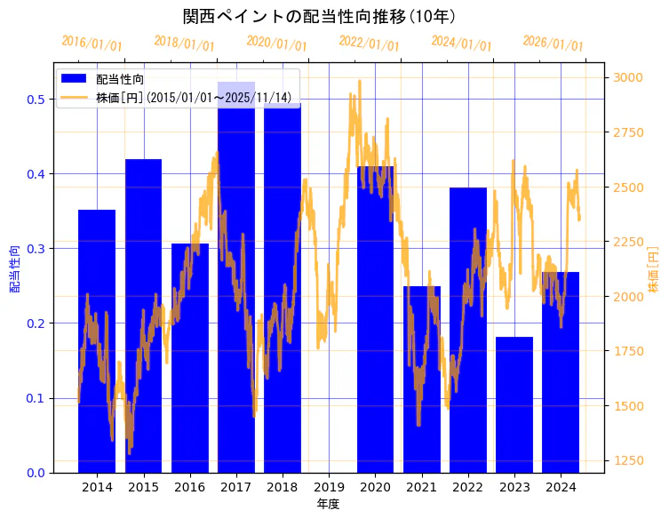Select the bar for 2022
click(467, 330)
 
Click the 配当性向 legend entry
click(120, 79)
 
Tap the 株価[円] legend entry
click(195, 97)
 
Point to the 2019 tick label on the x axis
click(329, 487)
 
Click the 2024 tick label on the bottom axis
click(561, 487)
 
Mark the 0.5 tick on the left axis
click(36, 99)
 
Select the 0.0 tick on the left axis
click(36, 473)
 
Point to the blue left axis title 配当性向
click(13, 269)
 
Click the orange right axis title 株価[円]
click(654, 269)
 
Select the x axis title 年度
click(328, 504)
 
